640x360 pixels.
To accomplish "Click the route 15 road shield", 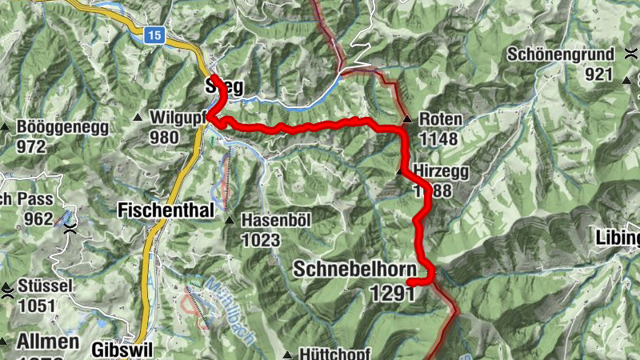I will pos(154,34).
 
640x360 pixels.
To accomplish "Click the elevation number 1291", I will pos(392,294).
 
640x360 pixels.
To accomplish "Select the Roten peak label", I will pos(438,119).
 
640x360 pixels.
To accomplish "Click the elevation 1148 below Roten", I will pos(437,139).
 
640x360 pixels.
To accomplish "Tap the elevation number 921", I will pos(598,75).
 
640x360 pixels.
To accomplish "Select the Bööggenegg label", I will pos(50,127).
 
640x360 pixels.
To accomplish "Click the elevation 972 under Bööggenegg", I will pos(30,147).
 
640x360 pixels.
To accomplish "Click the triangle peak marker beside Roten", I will pos(406,120).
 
